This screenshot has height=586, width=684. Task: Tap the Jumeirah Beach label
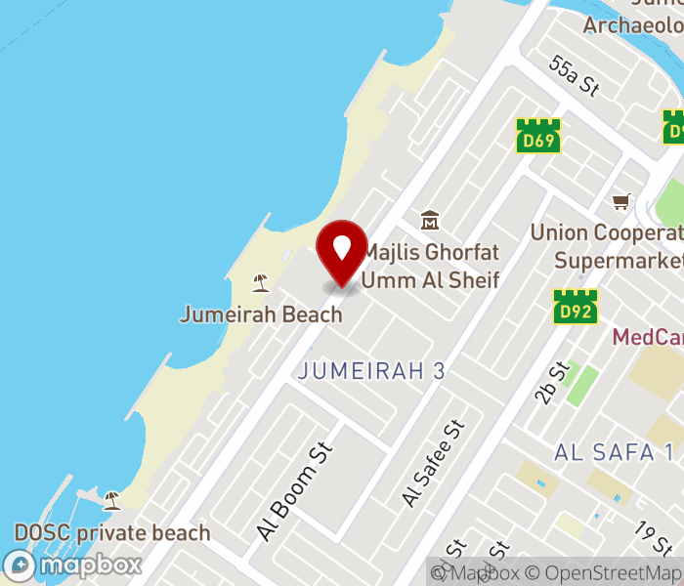(x=261, y=314)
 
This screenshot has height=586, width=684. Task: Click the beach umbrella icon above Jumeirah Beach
(x=260, y=283)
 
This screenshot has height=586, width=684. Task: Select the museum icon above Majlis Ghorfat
(x=430, y=221)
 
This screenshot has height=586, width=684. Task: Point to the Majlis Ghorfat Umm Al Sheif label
(x=430, y=266)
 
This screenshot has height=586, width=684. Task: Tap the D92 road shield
(x=576, y=306)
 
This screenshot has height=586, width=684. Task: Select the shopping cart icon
(x=621, y=202)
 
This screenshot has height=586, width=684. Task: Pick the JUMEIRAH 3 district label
(x=371, y=371)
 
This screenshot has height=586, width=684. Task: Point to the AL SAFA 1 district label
(x=614, y=451)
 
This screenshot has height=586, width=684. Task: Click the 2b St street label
(x=551, y=382)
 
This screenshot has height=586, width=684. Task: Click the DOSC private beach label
(x=111, y=533)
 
